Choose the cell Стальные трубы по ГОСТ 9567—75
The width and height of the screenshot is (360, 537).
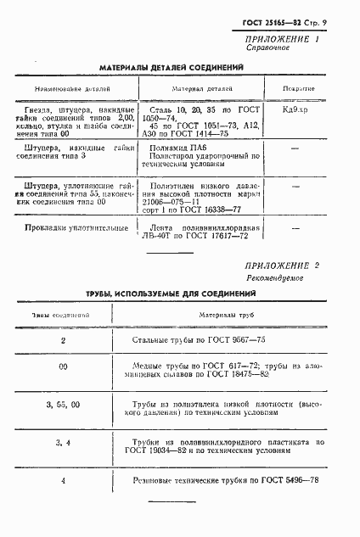200,339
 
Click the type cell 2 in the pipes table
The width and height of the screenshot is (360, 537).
63,339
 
